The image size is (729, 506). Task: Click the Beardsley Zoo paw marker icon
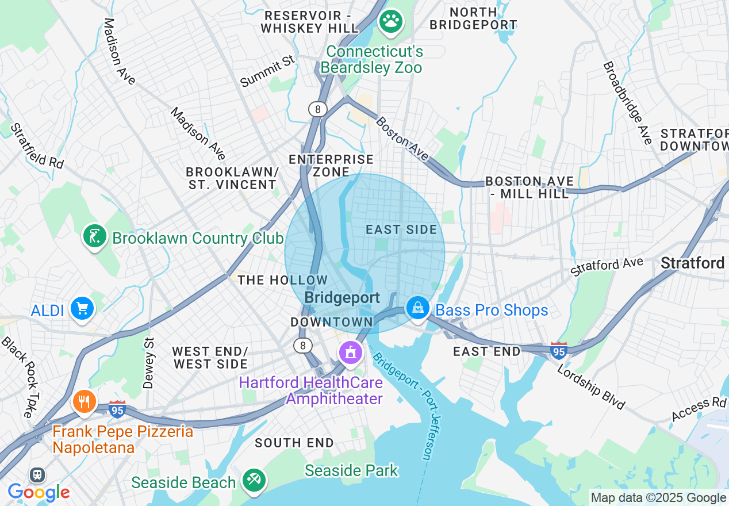click(x=391, y=22)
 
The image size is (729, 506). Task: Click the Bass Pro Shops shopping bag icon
click(x=418, y=308)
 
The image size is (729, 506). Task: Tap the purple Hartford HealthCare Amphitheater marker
click(x=350, y=351)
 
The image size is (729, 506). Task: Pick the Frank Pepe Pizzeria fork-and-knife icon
click(x=85, y=401)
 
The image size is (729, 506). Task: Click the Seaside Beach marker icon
click(x=253, y=480)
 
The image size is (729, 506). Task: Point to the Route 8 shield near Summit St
click(x=317, y=109)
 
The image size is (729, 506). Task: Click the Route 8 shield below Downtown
click(x=302, y=345)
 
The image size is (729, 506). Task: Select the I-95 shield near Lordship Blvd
click(x=559, y=350)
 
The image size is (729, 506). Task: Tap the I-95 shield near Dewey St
click(x=117, y=409)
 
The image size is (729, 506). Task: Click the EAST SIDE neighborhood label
click(x=401, y=229)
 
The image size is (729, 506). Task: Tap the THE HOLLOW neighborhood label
click(x=283, y=280)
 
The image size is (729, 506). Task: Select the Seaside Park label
click(x=351, y=470)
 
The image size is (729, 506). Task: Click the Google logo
click(x=39, y=492)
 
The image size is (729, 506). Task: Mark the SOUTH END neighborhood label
click(x=294, y=443)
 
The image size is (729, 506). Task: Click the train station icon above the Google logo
click(x=38, y=475)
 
